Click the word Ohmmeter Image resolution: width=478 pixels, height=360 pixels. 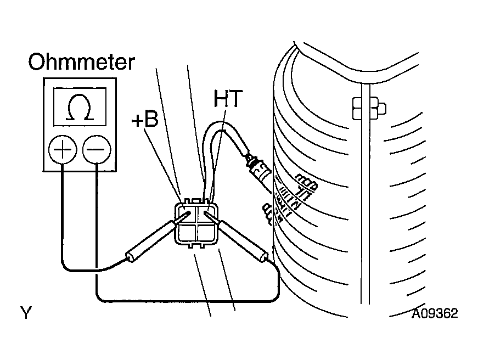(81, 62)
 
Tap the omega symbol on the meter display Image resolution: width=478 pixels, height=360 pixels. (80, 107)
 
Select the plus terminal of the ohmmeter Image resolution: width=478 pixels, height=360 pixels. (63, 150)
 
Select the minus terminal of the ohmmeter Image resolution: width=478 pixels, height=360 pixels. (97, 150)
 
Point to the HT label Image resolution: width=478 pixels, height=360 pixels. (228, 98)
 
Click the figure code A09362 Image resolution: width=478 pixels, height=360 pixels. (435, 313)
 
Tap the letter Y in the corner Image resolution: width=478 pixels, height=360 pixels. (26, 312)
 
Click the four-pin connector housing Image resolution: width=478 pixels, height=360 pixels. (196, 223)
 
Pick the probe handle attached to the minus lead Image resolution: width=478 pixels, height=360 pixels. (243, 241)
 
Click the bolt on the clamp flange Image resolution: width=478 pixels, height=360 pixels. (369, 108)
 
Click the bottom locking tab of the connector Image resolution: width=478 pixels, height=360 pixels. (196, 245)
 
